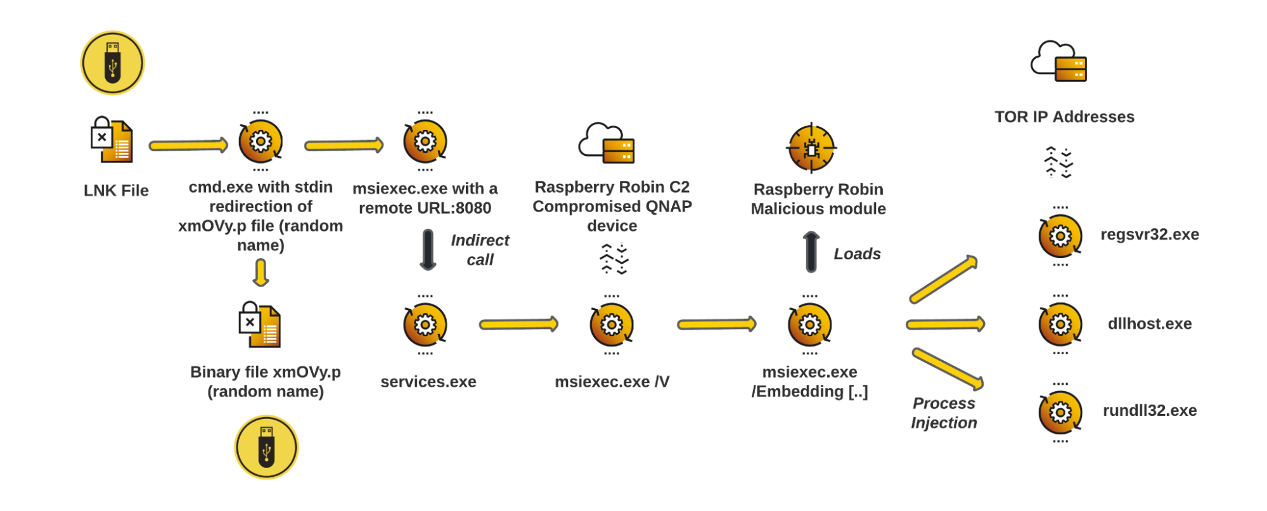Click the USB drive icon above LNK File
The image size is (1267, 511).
pyautogui.click(x=113, y=63)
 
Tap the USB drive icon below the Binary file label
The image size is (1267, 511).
pyautogui.click(x=266, y=448)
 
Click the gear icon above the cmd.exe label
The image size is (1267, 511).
pyautogui.click(x=260, y=141)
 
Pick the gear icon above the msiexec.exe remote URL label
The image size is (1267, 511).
pyautogui.click(x=425, y=141)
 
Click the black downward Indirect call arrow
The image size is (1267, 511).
pyautogui.click(x=428, y=250)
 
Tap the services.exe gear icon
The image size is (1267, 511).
pyautogui.click(x=425, y=325)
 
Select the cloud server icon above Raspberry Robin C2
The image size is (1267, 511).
pyautogui.click(x=607, y=143)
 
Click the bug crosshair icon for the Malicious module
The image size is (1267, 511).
pyautogui.click(x=811, y=148)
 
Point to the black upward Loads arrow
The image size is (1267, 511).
pyautogui.click(x=811, y=252)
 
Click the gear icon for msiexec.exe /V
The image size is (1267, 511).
pyautogui.click(x=612, y=325)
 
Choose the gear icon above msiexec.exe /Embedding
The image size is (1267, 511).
pyautogui.click(x=809, y=325)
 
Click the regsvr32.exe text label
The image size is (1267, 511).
pyautogui.click(x=1149, y=235)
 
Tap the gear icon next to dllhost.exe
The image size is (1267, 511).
pyautogui.click(x=1060, y=325)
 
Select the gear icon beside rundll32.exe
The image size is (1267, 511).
pyautogui.click(x=1060, y=413)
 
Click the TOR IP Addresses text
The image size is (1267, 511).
pyautogui.click(x=1064, y=117)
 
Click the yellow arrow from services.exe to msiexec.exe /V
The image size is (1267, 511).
pyautogui.click(x=518, y=325)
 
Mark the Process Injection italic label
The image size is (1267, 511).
pyautogui.click(x=944, y=413)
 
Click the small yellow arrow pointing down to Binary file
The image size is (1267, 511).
pyautogui.click(x=260, y=273)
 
